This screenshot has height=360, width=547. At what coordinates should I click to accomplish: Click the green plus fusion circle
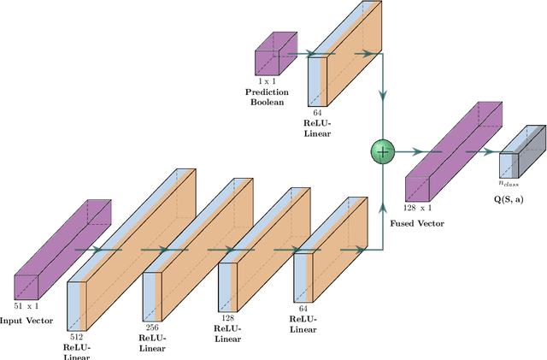[382, 150]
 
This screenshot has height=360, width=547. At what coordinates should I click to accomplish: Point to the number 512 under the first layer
[78, 336]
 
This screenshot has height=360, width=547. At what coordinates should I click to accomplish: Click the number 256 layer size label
[151, 327]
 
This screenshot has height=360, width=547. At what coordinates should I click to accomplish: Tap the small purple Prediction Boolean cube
[272, 55]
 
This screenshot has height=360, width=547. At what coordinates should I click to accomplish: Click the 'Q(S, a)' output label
[511, 198]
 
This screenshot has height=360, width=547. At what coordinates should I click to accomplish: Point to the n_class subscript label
[511, 182]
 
